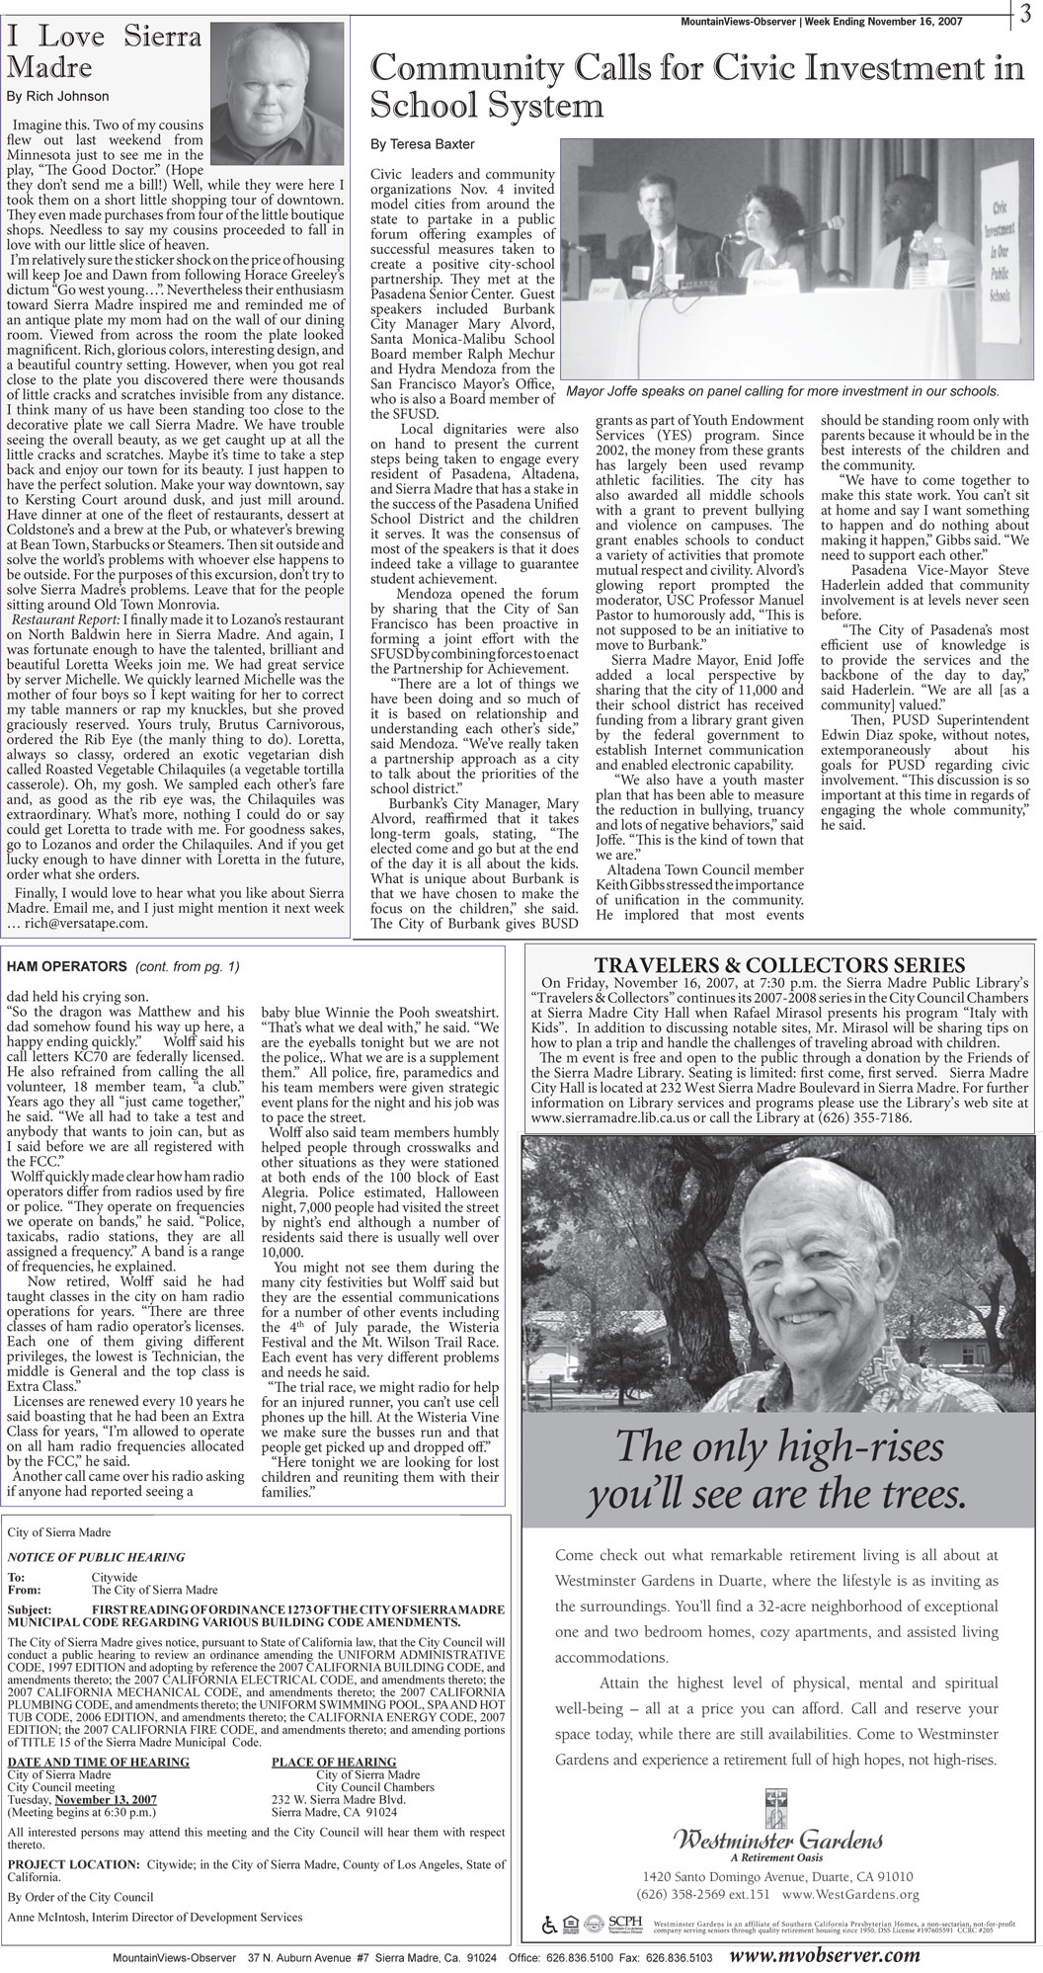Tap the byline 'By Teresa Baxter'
point(409,144)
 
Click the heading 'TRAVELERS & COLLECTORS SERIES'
point(779,964)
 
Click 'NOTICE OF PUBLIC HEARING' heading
point(96,1557)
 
